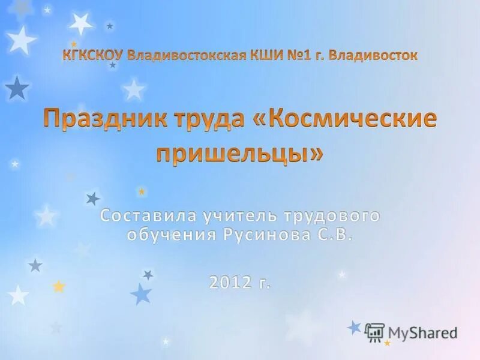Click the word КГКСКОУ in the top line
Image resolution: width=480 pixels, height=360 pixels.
tap(93, 56)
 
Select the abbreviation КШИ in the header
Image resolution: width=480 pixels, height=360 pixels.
tap(265, 56)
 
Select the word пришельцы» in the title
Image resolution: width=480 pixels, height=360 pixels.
tap(239, 153)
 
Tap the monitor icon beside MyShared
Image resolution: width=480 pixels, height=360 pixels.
tap(374, 332)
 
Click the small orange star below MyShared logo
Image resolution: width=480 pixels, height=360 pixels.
tap(388, 343)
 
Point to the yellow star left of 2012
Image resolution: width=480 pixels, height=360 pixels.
tap(58, 287)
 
